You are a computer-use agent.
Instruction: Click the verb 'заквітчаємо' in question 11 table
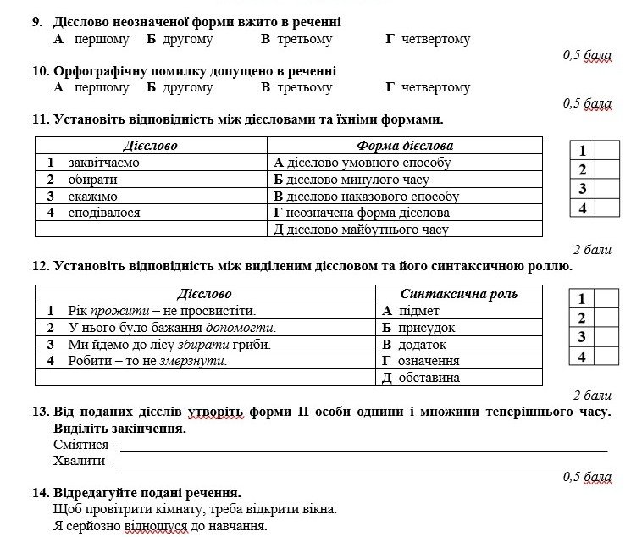click(x=103, y=162)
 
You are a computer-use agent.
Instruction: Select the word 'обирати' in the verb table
click(x=92, y=179)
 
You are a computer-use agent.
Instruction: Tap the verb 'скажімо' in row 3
click(x=92, y=196)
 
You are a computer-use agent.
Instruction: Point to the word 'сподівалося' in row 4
click(x=104, y=213)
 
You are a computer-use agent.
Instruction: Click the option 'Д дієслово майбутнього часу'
click(x=361, y=230)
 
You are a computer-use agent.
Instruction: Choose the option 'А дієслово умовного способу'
click(x=362, y=162)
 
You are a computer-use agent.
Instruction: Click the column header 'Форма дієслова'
click(x=405, y=146)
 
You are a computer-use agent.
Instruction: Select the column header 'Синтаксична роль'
click(x=458, y=294)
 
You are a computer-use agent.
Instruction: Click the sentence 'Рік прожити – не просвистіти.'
click(x=162, y=311)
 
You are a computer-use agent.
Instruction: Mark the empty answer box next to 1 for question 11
click(x=606, y=151)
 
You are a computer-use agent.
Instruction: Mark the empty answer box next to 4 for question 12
click(x=606, y=357)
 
